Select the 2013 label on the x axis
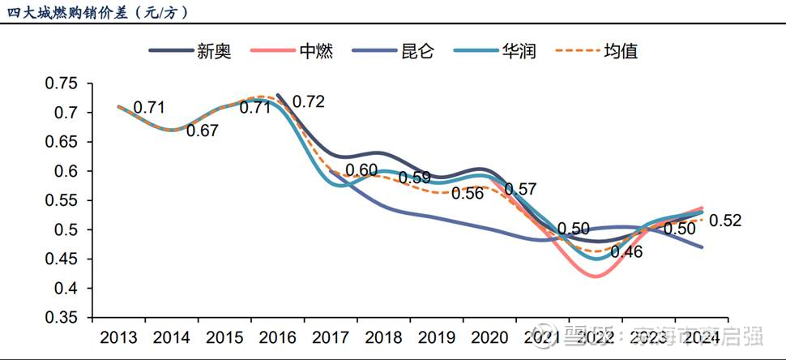[118, 337]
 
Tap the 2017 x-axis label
[331, 337]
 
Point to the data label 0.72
[309, 101]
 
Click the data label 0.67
[203, 130]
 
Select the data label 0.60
[361, 170]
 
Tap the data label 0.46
[626, 251]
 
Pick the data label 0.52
[725, 221]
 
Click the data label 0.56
[468, 193]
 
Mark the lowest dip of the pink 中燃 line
[596, 276]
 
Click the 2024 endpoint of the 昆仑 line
[702, 247]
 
